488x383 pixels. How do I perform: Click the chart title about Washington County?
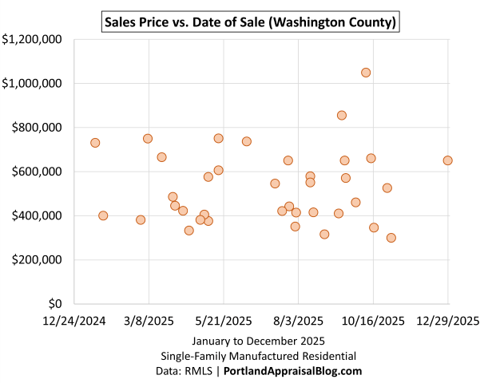click(252, 22)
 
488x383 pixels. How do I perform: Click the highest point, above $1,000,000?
click(366, 73)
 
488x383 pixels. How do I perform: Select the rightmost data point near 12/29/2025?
click(447, 160)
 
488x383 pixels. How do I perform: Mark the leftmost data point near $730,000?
click(95, 143)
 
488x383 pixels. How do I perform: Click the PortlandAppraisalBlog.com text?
click(292, 371)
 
